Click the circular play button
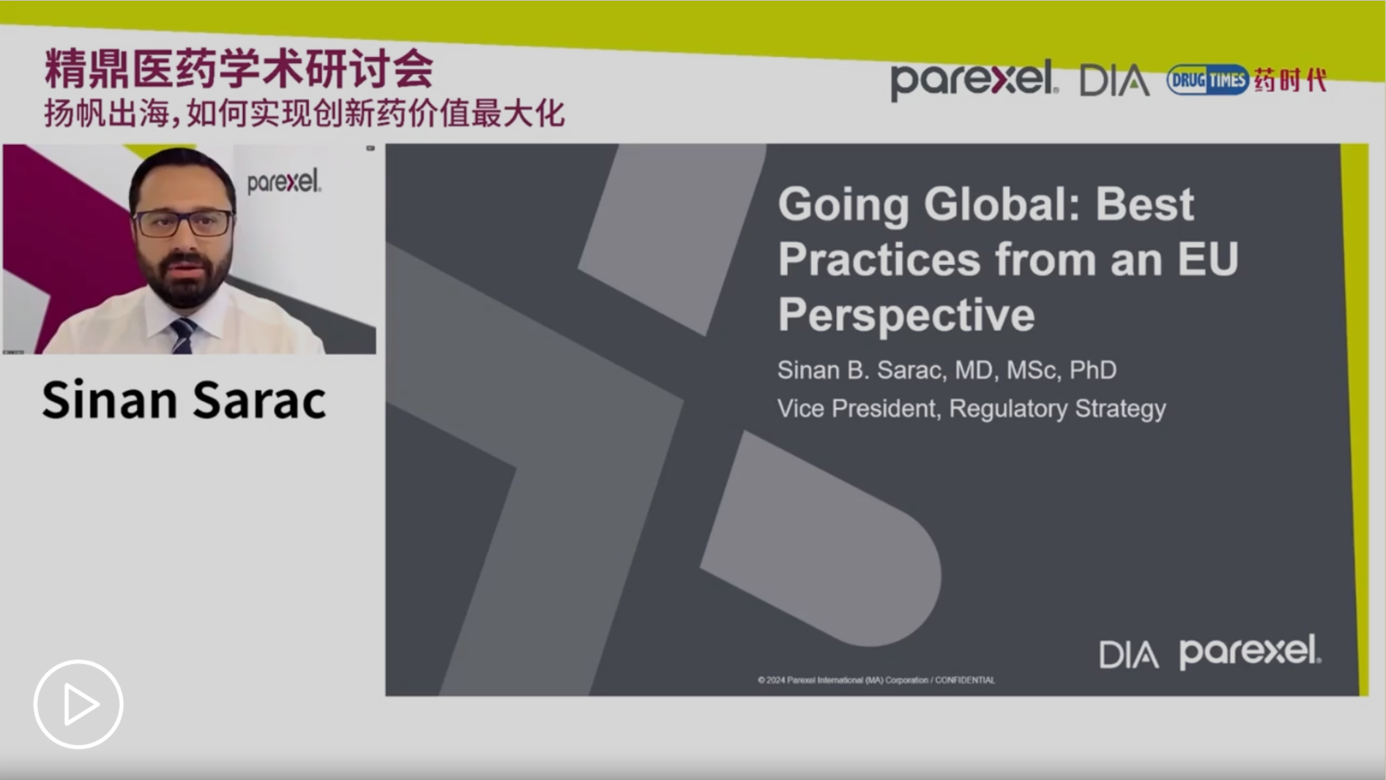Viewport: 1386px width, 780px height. click(x=78, y=705)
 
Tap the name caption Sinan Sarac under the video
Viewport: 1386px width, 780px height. click(x=184, y=400)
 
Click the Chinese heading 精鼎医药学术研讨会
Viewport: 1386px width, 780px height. click(x=239, y=70)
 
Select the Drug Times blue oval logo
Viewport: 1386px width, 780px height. click(x=1207, y=80)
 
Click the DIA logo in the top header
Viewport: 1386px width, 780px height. click(x=1114, y=80)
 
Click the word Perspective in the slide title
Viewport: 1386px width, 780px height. click(x=906, y=315)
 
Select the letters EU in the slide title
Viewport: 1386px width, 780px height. click(x=1207, y=259)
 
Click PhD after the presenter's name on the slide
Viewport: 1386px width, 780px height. click(x=1092, y=370)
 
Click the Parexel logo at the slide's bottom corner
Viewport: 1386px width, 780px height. click(x=1250, y=651)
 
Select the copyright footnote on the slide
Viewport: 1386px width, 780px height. click(x=876, y=680)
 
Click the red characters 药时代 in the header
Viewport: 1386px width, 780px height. click(x=1290, y=80)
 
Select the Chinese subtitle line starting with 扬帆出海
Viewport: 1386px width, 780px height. click(x=305, y=113)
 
